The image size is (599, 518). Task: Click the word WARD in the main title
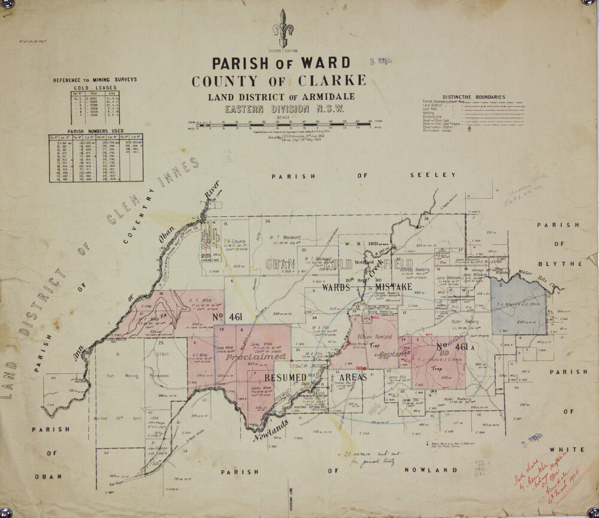coord(321,63)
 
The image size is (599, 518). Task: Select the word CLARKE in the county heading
coord(329,81)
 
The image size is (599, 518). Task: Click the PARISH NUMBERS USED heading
coord(95,131)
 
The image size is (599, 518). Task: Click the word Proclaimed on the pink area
coord(256,356)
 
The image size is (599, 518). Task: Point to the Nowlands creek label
coord(271,429)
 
